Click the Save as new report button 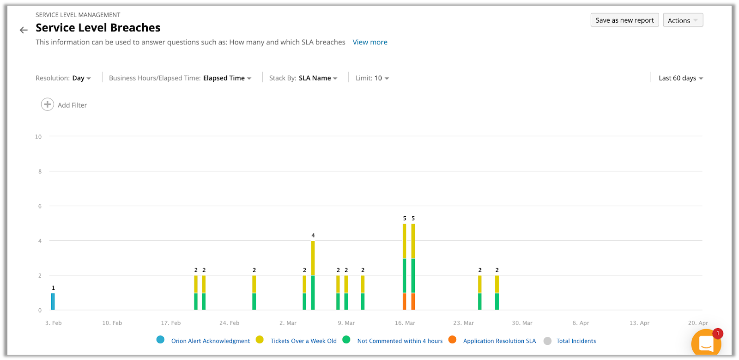click(x=624, y=20)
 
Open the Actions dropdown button click(x=683, y=20)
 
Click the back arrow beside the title click(x=24, y=30)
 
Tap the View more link click(x=370, y=42)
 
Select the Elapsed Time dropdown click(x=227, y=78)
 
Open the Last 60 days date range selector click(x=681, y=78)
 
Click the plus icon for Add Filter click(x=47, y=104)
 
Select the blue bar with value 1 click(x=53, y=301)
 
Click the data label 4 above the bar click(x=313, y=235)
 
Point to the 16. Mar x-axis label click(x=405, y=323)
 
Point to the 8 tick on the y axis click(x=40, y=171)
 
